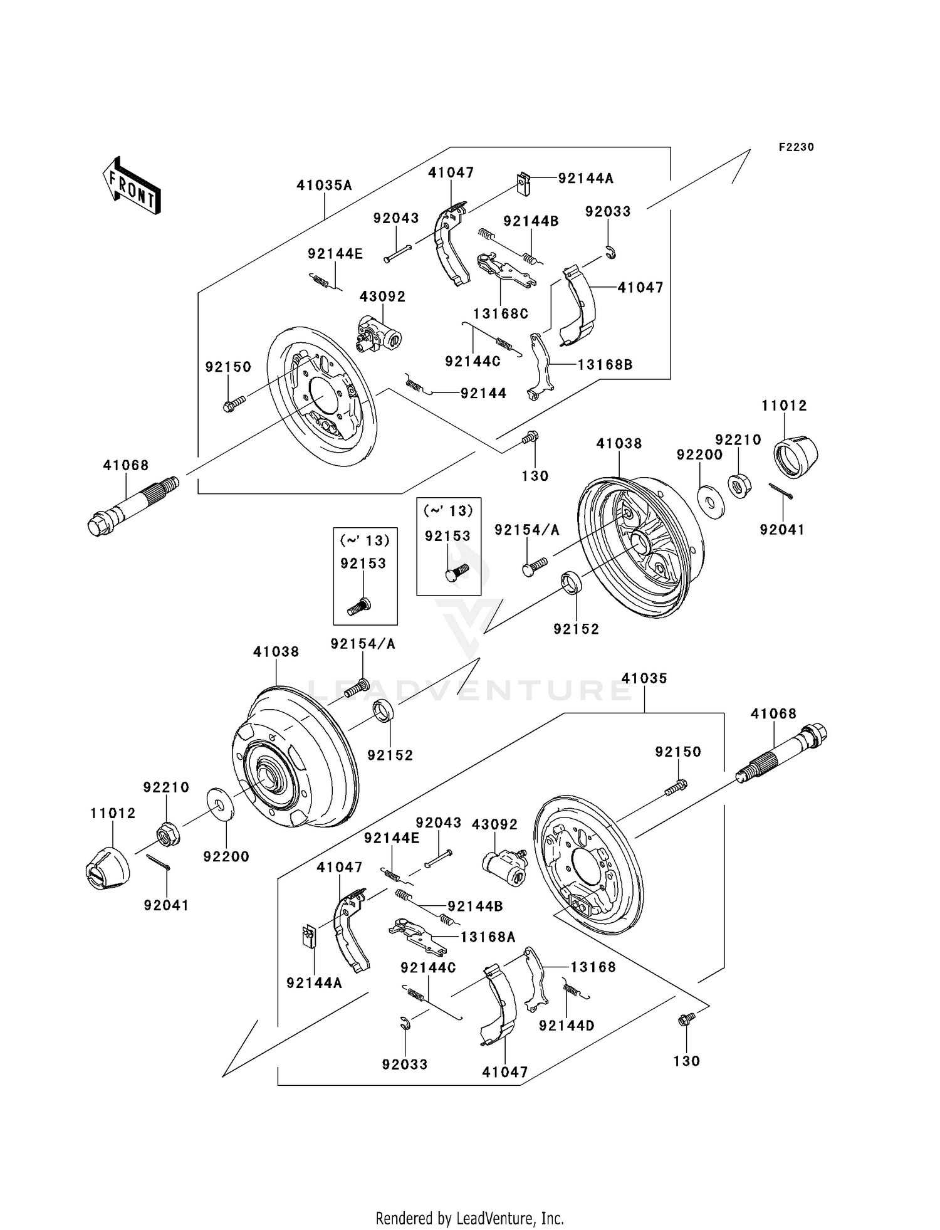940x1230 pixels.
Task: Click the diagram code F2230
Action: pyautogui.click(x=796, y=147)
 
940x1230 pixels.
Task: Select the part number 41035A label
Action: pyautogui.click(x=324, y=186)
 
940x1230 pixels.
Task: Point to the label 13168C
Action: pyautogui.click(x=501, y=313)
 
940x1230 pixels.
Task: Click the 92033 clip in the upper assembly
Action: pyautogui.click(x=611, y=253)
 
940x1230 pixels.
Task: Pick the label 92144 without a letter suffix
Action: pyautogui.click(x=483, y=393)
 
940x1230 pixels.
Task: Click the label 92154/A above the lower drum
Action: pyautogui.click(x=363, y=644)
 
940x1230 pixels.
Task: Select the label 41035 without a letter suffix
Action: pyautogui.click(x=644, y=678)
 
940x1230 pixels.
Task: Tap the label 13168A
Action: pyautogui.click(x=488, y=937)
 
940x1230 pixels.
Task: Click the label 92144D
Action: pyautogui.click(x=567, y=1026)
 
